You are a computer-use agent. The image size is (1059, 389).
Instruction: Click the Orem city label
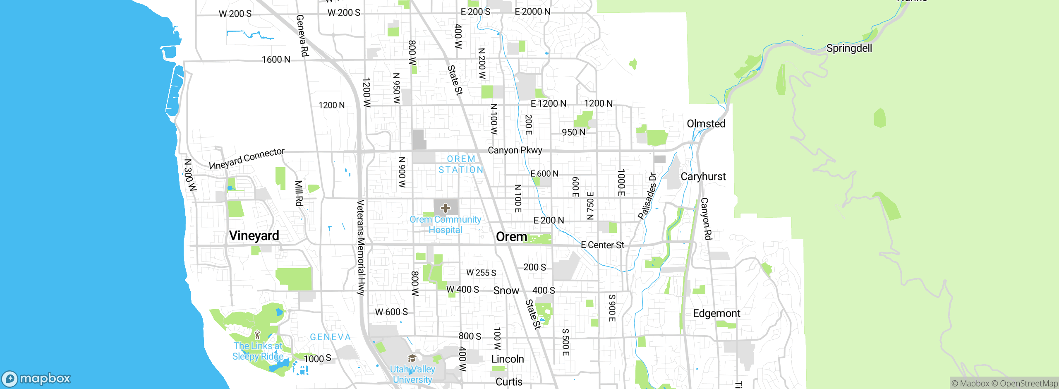(511, 237)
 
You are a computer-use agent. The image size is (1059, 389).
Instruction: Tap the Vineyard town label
(254, 235)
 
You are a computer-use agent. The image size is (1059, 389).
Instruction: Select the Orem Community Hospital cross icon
(446, 208)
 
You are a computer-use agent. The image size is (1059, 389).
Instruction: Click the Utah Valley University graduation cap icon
(412, 358)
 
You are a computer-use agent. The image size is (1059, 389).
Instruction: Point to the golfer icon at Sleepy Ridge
(257, 334)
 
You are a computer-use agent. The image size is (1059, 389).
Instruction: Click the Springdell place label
(849, 48)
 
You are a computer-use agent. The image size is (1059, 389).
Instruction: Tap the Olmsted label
(706, 124)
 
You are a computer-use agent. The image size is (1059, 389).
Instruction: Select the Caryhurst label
(703, 177)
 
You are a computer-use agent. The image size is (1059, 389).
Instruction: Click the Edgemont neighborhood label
(716, 313)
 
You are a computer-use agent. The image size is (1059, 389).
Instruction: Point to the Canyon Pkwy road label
(515, 150)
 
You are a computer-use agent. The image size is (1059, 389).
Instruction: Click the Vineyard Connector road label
(247, 159)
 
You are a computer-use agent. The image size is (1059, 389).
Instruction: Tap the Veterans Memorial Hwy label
(361, 247)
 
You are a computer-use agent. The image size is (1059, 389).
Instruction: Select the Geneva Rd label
(302, 36)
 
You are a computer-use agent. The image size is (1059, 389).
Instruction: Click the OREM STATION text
(461, 164)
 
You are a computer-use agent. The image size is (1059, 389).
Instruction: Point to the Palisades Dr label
(647, 195)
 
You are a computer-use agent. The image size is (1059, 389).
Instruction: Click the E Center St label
(602, 245)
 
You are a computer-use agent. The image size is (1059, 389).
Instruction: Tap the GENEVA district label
(330, 337)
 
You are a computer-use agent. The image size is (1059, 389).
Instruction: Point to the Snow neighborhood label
(506, 291)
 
